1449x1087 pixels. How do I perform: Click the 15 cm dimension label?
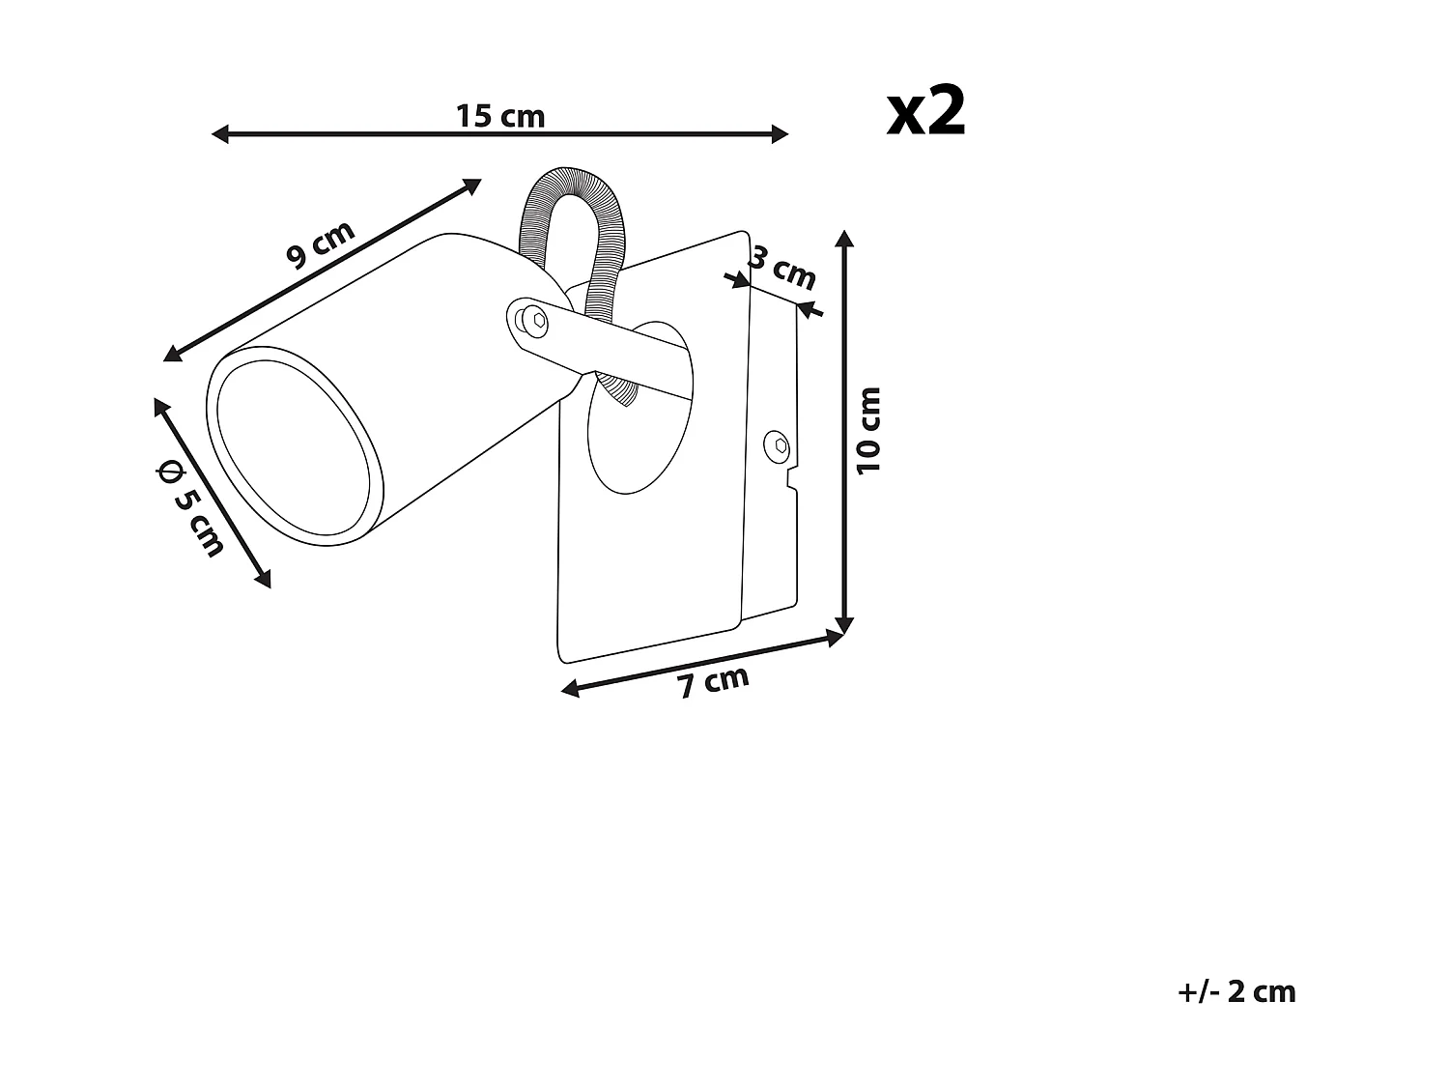(x=500, y=116)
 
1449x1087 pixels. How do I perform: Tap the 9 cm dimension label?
(x=321, y=244)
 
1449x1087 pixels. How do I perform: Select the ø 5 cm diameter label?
(x=190, y=509)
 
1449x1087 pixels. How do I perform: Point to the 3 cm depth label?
(x=782, y=269)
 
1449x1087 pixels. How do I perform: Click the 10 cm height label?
(x=869, y=430)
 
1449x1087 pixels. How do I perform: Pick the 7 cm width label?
(x=713, y=681)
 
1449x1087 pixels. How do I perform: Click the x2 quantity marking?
(x=926, y=113)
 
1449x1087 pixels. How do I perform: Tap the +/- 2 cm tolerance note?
(x=1236, y=991)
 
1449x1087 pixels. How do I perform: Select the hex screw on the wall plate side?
(x=776, y=446)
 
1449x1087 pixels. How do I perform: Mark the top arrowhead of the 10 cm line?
(x=846, y=238)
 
